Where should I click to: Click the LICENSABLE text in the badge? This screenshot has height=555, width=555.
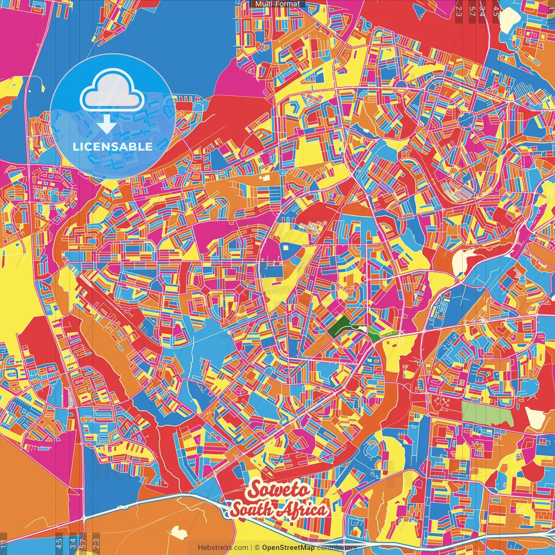113,147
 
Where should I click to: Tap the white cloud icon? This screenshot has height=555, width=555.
112,92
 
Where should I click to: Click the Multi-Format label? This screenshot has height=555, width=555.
277,4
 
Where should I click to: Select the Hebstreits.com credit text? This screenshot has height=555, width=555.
223,548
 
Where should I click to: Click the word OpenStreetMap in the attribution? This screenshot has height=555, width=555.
288,548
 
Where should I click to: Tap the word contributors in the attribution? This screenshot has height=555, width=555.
337,548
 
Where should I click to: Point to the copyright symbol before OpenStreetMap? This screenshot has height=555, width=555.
257,548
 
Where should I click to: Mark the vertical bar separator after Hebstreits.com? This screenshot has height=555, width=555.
252,548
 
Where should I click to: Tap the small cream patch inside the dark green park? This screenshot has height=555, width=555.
358,328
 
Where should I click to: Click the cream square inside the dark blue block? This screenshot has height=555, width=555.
285,247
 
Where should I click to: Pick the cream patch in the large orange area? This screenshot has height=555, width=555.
178,532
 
